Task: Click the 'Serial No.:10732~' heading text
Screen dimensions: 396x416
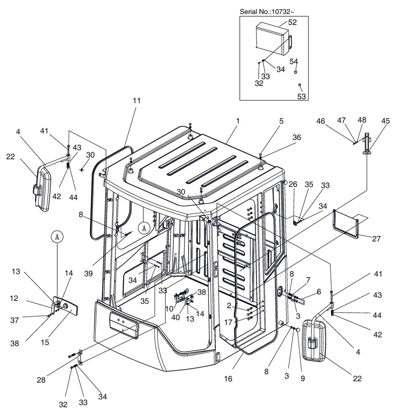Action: [267, 12]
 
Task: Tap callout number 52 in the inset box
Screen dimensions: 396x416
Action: [292, 22]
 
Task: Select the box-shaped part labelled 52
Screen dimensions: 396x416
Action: [273, 38]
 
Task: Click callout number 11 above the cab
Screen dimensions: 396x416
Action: [137, 101]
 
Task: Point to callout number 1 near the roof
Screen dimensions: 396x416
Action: [238, 121]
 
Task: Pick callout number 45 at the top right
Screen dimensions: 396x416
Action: [386, 121]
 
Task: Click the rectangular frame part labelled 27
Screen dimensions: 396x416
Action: [346, 223]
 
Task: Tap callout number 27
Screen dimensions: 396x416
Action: [376, 238]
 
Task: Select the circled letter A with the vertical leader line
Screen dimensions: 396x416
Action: [57, 237]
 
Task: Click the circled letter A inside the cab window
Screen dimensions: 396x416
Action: [144, 228]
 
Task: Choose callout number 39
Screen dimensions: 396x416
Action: [88, 274]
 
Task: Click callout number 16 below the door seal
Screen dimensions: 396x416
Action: [228, 378]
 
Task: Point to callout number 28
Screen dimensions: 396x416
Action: [41, 380]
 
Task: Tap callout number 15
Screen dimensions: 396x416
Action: [45, 342]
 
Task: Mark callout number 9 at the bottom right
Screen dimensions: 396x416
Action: [303, 378]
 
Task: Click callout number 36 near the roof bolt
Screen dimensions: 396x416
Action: [297, 137]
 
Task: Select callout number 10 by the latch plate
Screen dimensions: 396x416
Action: [169, 308]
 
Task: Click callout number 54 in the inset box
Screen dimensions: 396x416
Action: [294, 61]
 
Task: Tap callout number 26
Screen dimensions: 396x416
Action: [293, 184]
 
